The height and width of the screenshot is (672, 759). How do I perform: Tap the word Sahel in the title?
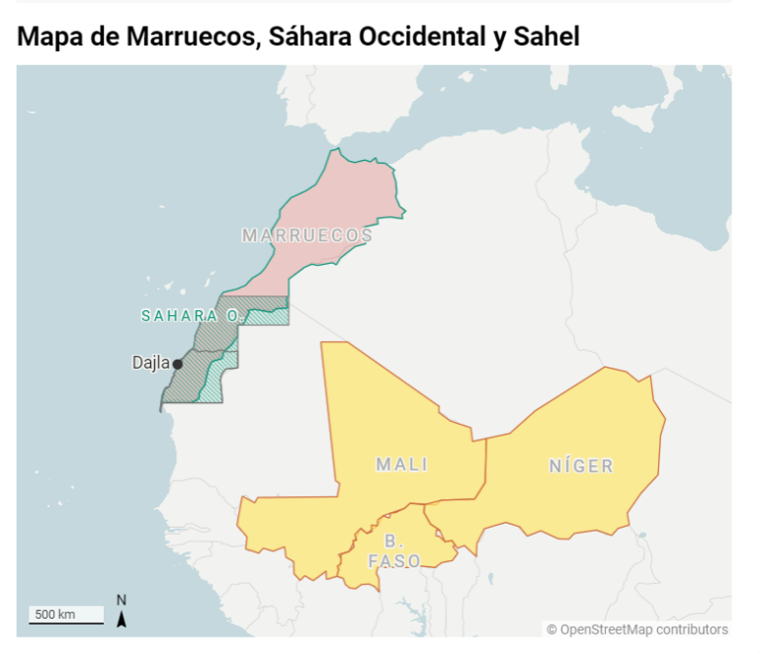[546, 38]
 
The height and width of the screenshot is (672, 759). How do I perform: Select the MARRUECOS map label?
[307, 235]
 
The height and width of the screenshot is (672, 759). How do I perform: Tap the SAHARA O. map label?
[192, 316]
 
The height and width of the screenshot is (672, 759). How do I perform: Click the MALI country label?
[400, 464]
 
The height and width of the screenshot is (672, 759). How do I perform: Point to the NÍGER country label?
[581, 465]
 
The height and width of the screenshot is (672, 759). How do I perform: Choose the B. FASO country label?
[394, 551]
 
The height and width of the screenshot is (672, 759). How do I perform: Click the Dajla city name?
[150, 363]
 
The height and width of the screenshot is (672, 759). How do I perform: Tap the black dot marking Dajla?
[178, 364]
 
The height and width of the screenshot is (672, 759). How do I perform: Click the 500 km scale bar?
[65, 616]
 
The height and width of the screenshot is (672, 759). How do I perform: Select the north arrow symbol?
[122, 619]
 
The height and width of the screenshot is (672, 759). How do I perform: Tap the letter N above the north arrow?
[122, 600]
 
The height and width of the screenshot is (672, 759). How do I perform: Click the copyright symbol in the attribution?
[551, 630]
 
